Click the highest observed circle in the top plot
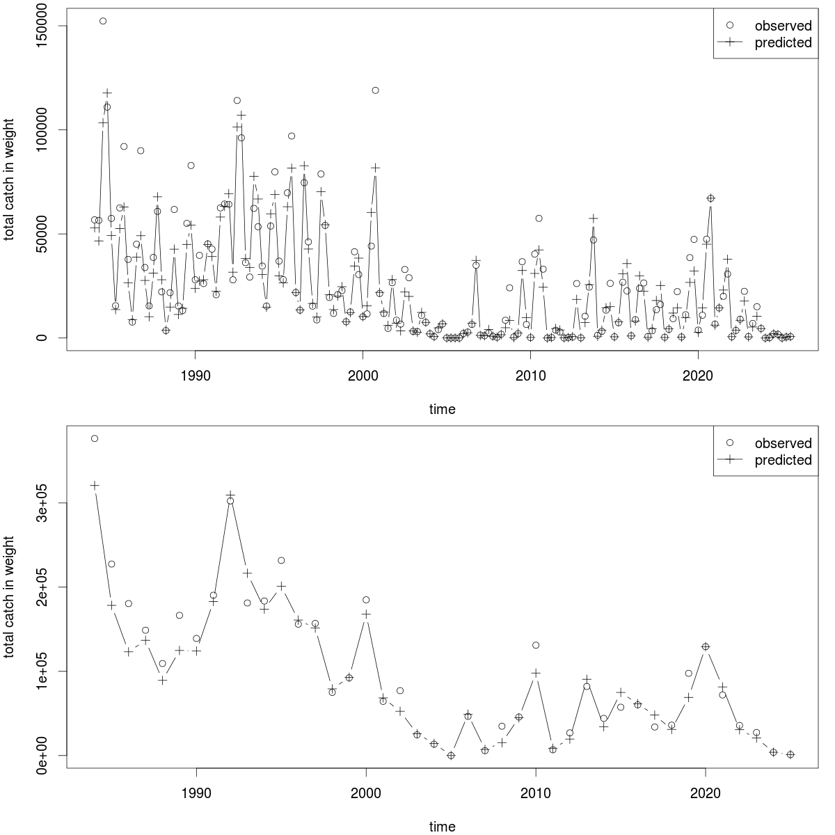click(103, 21)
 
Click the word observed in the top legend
click(783, 26)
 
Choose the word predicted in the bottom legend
click(783, 460)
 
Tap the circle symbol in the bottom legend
click(730, 443)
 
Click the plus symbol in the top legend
click(730, 42)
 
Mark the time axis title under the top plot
click(442, 409)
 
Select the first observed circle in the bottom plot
click(95, 438)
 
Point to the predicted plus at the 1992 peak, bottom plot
click(230, 495)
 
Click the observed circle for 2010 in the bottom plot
click(536, 645)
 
